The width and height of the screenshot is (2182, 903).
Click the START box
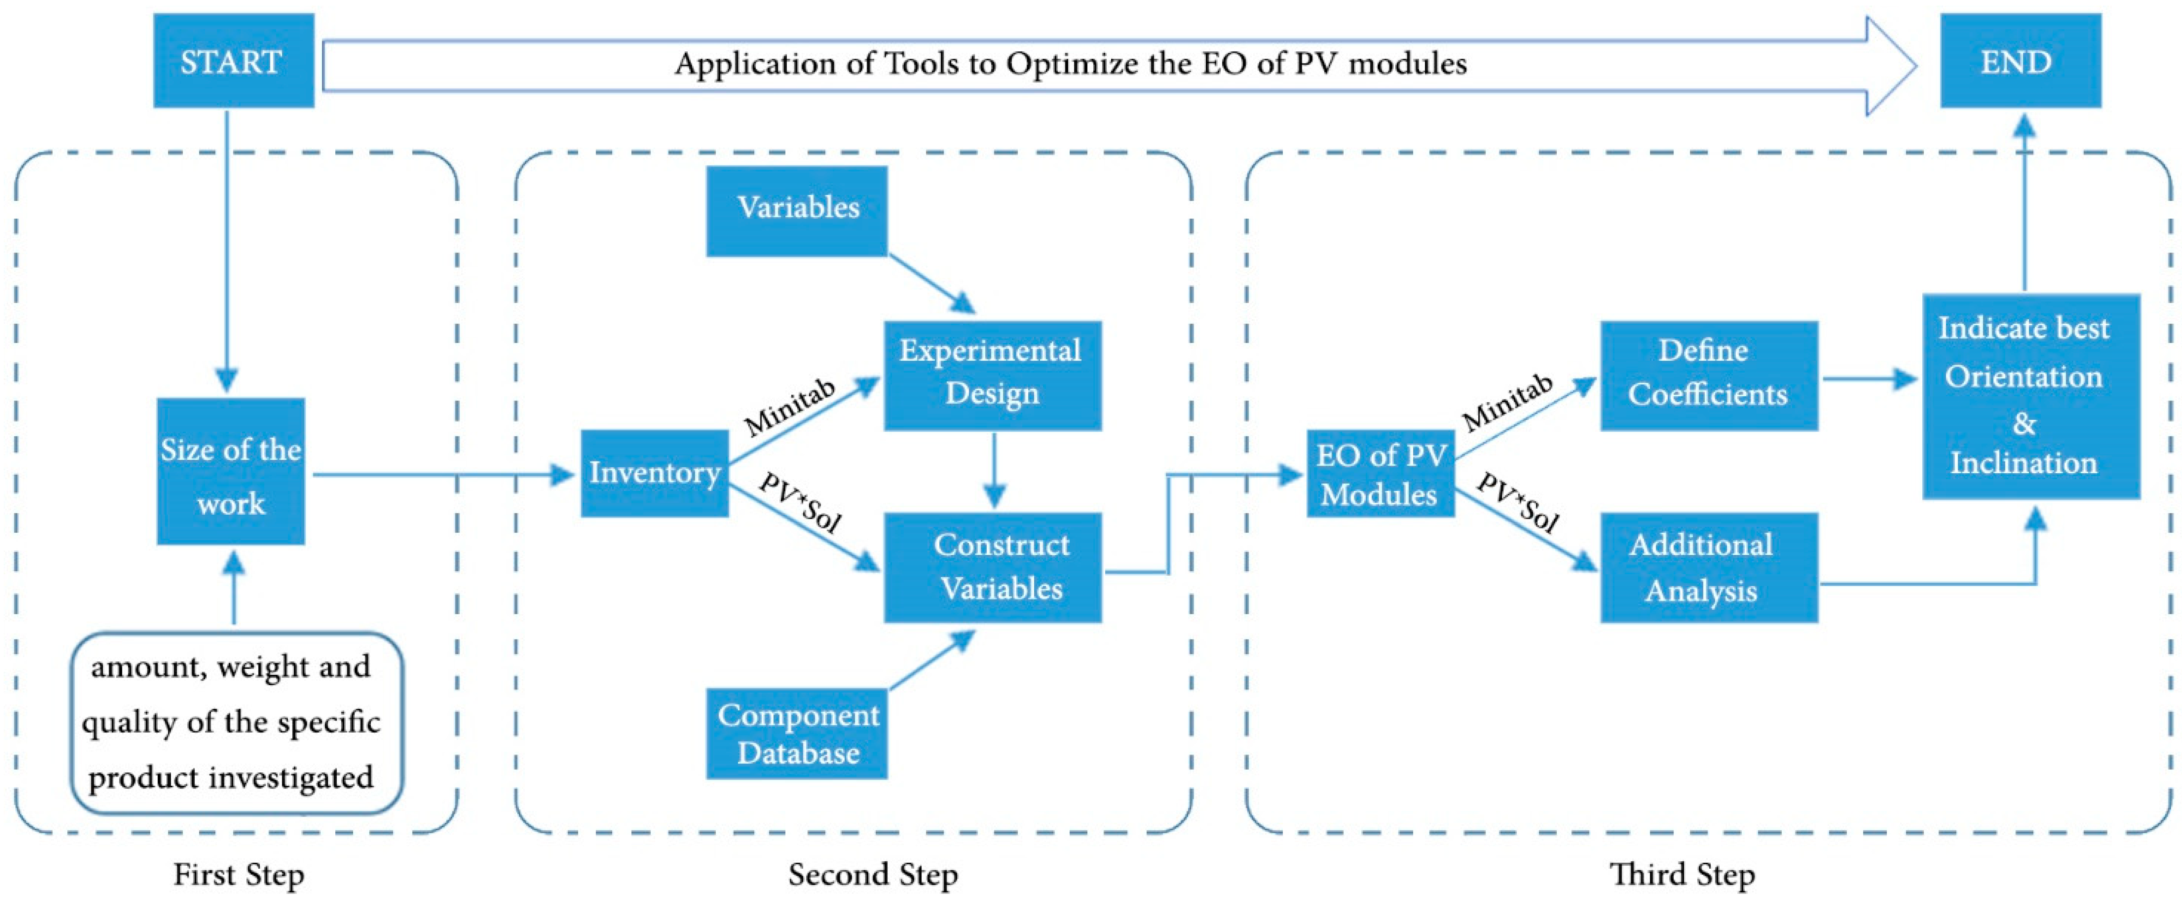(233, 61)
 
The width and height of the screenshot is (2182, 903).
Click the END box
(2020, 61)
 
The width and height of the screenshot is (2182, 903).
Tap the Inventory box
(654, 473)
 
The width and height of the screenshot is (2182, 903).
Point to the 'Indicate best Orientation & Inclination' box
(2030, 396)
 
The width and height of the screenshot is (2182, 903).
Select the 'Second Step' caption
(872, 874)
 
